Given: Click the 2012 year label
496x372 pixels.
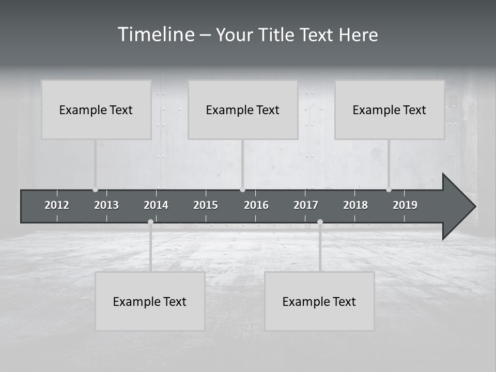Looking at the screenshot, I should point(57,205).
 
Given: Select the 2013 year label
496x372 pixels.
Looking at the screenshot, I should point(106,205).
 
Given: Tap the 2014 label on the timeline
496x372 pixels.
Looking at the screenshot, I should point(156,205).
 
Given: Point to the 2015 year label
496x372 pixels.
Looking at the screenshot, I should point(206,205).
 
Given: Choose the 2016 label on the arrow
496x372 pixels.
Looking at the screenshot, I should point(256,205).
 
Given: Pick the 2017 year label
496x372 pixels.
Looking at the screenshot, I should point(306,205).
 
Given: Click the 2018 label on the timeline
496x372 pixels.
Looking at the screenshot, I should point(355,205).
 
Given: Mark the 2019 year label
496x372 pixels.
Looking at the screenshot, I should point(405,205).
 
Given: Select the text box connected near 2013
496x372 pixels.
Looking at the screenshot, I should point(96,110).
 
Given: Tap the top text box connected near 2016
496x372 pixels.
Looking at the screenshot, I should point(243,110).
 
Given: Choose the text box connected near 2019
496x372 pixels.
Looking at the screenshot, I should point(390,110).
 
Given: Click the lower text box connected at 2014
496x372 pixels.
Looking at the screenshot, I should point(150,301).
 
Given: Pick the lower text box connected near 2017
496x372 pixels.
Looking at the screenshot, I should point(319,301).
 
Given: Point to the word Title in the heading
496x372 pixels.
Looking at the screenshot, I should point(278,35).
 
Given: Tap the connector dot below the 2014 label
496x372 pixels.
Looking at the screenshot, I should point(150,222).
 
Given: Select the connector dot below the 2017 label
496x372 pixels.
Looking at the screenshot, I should point(320,222).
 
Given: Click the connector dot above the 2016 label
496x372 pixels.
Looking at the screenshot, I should point(243,190).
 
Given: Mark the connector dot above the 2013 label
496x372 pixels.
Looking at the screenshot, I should point(95,190).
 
